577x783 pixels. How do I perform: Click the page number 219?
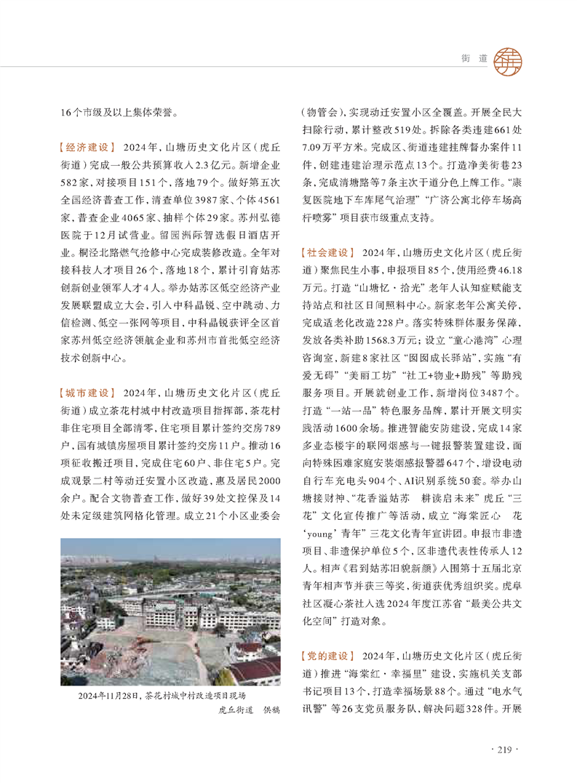pyautogui.click(x=505, y=749)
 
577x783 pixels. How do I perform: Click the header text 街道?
pyautogui.click(x=474, y=59)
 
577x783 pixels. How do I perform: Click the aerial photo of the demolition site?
pyautogui.click(x=170, y=611)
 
